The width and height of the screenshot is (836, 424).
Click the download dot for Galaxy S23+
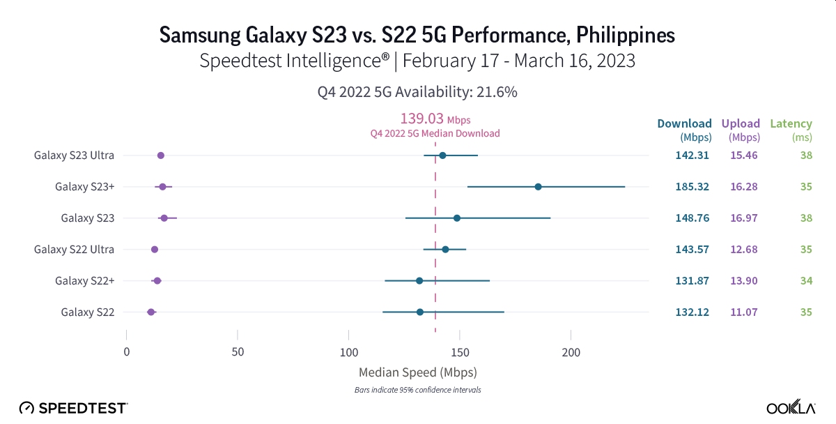538,187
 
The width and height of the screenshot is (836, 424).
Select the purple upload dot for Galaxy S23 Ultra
161,156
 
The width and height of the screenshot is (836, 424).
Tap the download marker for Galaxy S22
419,312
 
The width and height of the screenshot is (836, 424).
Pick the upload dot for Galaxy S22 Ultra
155,250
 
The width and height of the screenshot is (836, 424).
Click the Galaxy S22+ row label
84,280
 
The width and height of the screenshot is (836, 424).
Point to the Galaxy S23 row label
87,218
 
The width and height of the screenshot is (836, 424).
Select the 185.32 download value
692,187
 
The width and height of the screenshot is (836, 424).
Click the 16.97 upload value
743,218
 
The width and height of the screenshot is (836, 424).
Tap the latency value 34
806,280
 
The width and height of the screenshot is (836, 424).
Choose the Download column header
684,124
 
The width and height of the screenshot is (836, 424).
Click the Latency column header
791,124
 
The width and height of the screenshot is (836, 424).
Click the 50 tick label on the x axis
238,352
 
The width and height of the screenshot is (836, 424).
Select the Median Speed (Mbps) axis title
417,372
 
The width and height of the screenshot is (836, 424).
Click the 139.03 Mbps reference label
435,119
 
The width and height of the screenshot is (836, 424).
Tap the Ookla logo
791,407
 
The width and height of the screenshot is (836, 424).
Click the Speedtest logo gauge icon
26,407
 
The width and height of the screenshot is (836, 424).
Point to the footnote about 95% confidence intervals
417,390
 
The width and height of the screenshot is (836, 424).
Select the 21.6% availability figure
495,91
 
